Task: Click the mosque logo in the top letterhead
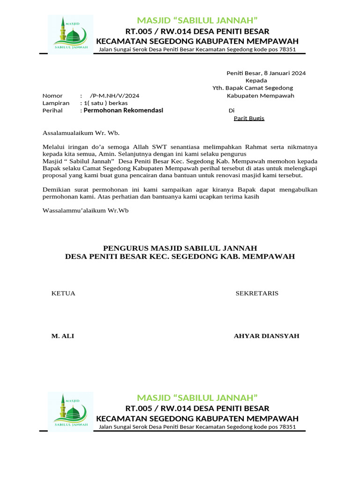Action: coord(71,35)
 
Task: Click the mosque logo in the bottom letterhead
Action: coord(71,412)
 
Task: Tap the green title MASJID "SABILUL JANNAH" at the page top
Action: coord(197,20)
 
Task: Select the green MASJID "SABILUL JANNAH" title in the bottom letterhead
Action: coord(197,397)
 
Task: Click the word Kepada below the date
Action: coord(256,81)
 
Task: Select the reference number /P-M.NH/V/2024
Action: coord(114,96)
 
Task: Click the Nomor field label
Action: coord(52,96)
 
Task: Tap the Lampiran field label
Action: coord(56,103)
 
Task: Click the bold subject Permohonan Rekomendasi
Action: coord(123,111)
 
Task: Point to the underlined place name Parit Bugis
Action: coord(249,118)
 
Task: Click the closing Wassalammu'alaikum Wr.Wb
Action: coord(85,210)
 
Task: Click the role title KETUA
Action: coord(63,293)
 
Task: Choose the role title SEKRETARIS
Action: coord(257,293)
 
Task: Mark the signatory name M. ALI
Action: coord(62,336)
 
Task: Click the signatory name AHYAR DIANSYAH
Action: coord(266,336)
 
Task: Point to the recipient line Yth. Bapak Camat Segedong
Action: coord(253,88)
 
